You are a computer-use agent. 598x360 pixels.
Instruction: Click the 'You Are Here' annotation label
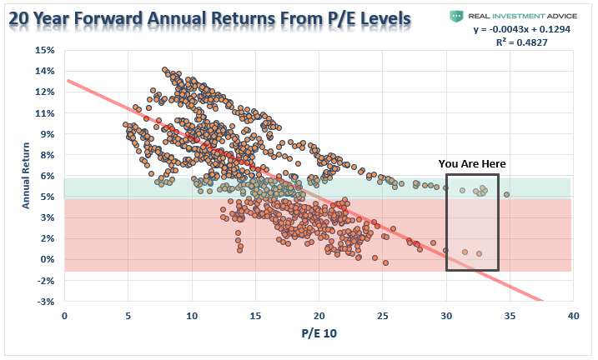pos(472,163)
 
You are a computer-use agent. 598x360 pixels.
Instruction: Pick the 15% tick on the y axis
pos(44,50)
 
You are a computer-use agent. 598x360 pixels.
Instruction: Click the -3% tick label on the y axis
pos(44,301)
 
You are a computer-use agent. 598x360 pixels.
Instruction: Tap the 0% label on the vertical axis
pos(47,259)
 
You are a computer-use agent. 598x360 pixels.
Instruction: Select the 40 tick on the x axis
pos(573,317)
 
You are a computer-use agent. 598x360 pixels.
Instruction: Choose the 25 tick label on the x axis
pos(383,317)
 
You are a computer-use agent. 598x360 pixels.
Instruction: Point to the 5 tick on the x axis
pos(128,317)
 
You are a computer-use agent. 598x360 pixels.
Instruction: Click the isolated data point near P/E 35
pos(506,195)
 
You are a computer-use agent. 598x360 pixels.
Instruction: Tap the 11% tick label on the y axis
pos(44,112)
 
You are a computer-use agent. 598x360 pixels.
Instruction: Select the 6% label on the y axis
pos(47,176)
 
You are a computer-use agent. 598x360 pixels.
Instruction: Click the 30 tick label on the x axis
pos(446,317)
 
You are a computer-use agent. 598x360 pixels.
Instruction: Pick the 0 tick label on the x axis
pos(65,317)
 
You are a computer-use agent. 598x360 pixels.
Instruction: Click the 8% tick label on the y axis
pos(47,155)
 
